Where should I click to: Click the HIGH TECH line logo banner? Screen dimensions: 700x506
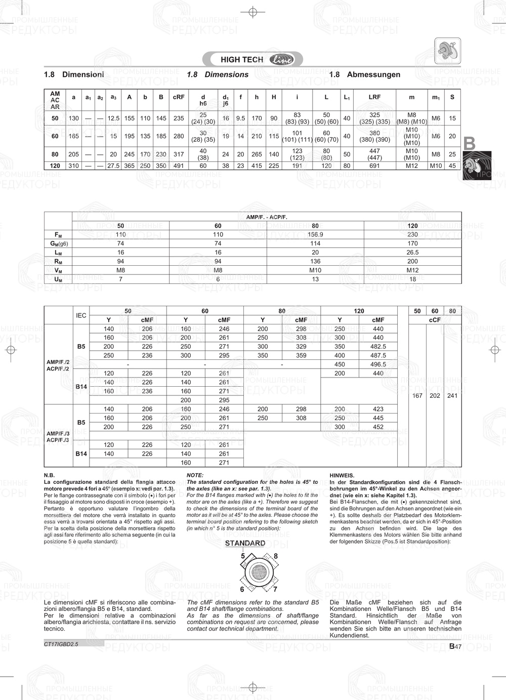[x=252, y=59]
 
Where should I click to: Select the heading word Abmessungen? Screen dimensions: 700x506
[x=373, y=74]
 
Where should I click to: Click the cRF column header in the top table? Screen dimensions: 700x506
[x=179, y=97]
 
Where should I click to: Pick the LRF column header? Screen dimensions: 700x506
[x=374, y=97]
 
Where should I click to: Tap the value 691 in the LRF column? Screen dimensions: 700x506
[x=374, y=166]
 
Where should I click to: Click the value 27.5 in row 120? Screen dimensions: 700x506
[x=113, y=166]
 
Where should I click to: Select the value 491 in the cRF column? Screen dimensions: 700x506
[x=179, y=166]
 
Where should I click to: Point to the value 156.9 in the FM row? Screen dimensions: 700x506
[x=315, y=234]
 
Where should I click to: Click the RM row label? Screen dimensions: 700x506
[x=58, y=261]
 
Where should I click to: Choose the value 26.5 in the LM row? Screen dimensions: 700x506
[x=412, y=252]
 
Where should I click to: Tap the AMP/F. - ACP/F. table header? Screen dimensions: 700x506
[x=267, y=217]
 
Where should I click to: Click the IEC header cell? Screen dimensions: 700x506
[x=81, y=315]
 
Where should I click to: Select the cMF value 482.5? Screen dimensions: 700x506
[x=378, y=347]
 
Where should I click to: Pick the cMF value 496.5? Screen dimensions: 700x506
[x=378, y=364]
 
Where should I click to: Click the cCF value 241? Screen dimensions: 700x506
[x=452, y=396]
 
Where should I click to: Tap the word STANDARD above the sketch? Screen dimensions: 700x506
[x=245, y=543]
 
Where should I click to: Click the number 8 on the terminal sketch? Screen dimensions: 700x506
[x=276, y=556]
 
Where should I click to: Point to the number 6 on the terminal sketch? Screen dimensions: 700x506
[x=242, y=589]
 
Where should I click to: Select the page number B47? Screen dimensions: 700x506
[x=455, y=646]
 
